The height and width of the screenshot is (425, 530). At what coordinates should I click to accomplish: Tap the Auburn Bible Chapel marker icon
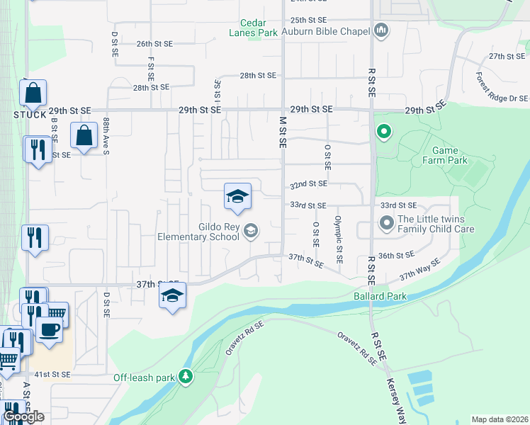point(382,30)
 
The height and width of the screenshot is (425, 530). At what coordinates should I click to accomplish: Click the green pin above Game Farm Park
point(383,131)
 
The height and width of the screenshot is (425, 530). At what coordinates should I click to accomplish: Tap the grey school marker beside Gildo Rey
point(250,231)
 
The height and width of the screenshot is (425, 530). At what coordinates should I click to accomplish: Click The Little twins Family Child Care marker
point(386,224)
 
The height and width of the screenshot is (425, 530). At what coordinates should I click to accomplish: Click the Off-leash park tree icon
point(186,377)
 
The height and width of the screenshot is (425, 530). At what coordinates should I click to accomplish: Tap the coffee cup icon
point(48,330)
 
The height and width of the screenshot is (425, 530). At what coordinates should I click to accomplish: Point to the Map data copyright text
point(500,419)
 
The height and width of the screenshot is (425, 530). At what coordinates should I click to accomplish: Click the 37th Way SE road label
point(419,268)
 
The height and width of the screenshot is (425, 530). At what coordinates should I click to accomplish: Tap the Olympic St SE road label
point(339,239)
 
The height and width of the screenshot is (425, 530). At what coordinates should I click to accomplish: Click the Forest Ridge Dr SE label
point(502,88)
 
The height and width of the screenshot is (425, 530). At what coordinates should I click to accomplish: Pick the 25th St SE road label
point(308,21)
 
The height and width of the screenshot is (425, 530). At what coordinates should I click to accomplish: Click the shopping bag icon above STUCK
point(33,93)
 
